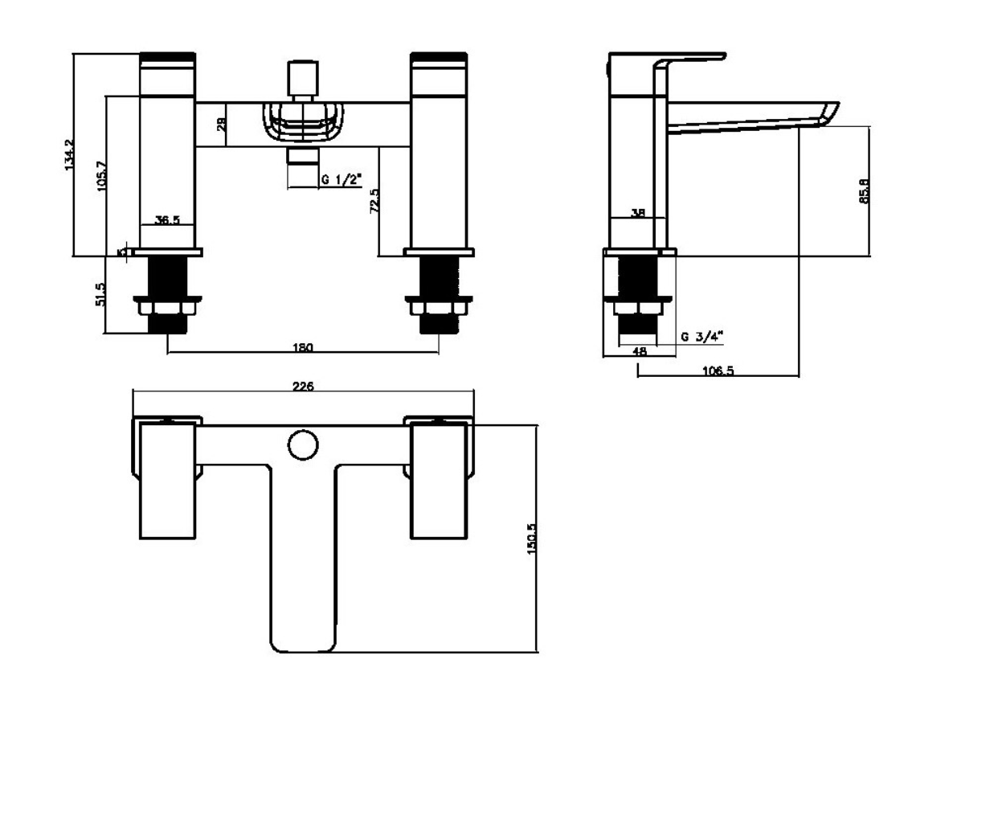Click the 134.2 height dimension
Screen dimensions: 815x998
tap(68, 154)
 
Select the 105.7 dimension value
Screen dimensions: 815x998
tap(102, 175)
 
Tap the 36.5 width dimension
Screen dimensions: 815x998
tap(167, 219)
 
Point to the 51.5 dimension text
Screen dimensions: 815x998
tap(100, 294)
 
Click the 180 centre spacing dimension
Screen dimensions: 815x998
tap(303, 347)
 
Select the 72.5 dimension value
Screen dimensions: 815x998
tap(374, 202)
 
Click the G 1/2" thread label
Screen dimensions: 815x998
tap(342, 179)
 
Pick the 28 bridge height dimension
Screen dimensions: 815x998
tap(222, 124)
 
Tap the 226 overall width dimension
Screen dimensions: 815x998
tap(303, 386)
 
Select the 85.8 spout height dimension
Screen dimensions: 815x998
tap(864, 191)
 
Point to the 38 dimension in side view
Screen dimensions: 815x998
tap(638, 212)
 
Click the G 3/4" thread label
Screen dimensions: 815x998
tap(702, 337)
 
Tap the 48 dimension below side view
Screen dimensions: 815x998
tap(640, 351)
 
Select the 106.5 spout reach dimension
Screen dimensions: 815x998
tap(718, 371)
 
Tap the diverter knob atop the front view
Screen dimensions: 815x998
tap(302, 78)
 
